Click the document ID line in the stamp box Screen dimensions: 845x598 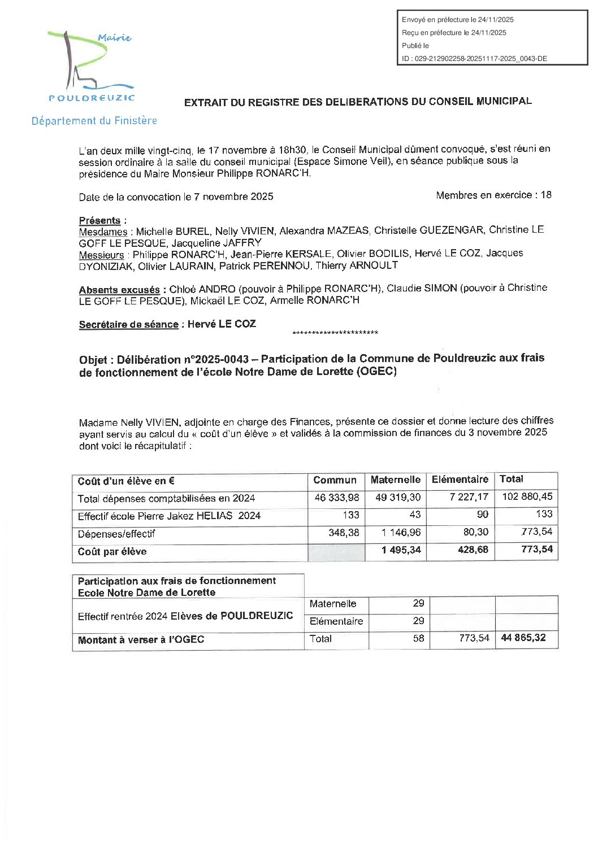click(x=474, y=59)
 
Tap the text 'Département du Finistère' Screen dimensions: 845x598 click(x=94, y=121)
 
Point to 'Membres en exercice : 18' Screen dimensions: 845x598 click(x=493, y=195)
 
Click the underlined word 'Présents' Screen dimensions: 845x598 click(x=99, y=220)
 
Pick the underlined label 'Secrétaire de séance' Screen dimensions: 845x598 click(x=128, y=325)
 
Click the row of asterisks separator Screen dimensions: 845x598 click(x=335, y=333)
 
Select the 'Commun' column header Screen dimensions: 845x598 click(x=335, y=481)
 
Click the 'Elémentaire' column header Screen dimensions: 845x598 click(x=460, y=480)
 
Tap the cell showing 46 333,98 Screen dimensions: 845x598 click(x=337, y=498)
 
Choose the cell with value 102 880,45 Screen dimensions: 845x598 click(x=527, y=496)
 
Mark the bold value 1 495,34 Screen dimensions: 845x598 click(x=401, y=550)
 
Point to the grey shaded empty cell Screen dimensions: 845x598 click(x=336, y=551)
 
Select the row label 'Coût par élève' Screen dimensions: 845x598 click(x=112, y=552)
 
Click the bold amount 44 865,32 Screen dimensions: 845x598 click(x=523, y=638)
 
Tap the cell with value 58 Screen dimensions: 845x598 click(x=418, y=639)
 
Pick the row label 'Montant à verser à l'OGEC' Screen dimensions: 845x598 click(x=141, y=640)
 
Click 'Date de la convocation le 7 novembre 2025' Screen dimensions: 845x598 click(x=176, y=197)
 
